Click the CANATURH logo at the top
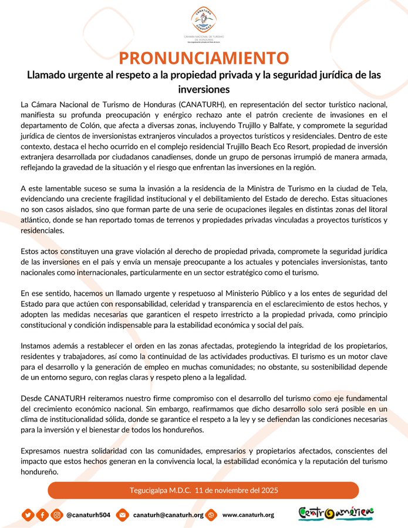[204, 22]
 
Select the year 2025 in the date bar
[269, 490]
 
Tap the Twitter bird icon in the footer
[28, 515]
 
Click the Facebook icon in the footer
[42, 515]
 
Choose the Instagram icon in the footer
[57, 515]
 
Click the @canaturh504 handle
[88, 515]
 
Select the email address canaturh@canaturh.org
[168, 515]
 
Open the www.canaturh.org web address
[248, 515]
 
